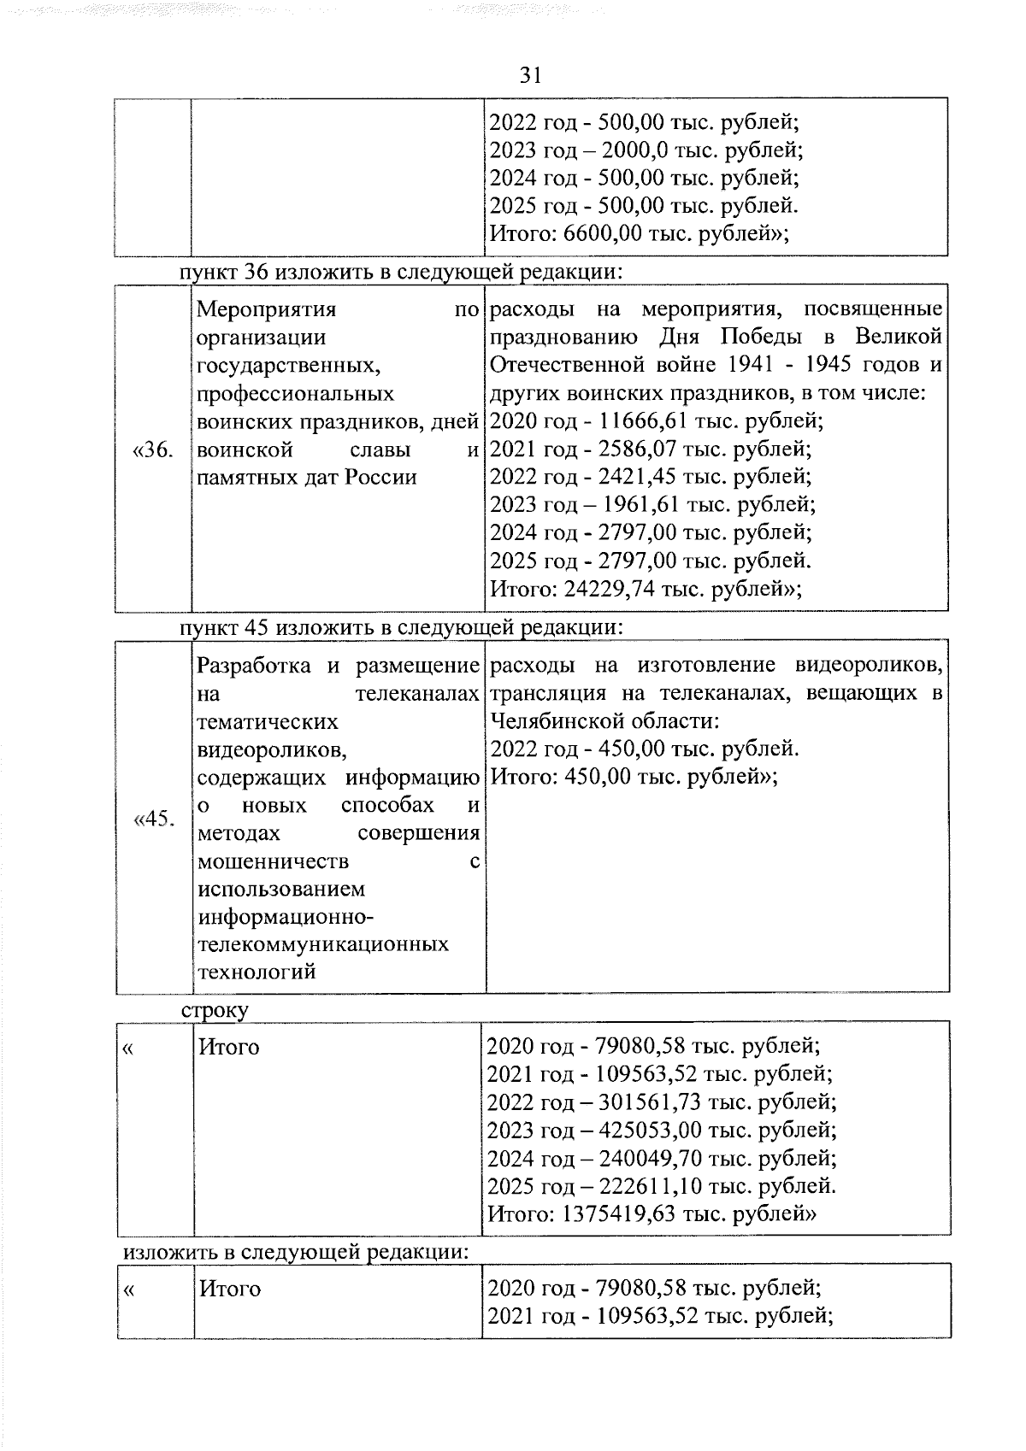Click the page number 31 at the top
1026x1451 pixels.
coord(530,76)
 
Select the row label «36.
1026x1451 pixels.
coord(154,449)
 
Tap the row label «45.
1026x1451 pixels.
coord(154,819)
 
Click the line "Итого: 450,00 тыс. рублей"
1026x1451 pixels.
coord(633,777)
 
